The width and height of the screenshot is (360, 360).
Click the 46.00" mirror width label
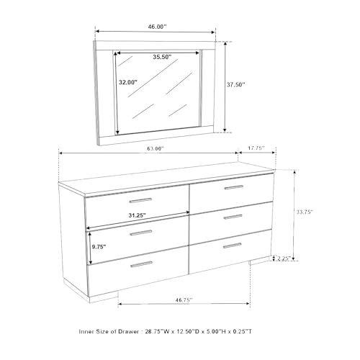pyautogui.click(x=157, y=27)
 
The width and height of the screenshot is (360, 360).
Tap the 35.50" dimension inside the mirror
pyautogui.click(x=162, y=57)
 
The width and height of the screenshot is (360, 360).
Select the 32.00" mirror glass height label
pyautogui.click(x=128, y=82)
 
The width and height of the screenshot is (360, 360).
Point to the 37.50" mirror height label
pyautogui.click(x=236, y=84)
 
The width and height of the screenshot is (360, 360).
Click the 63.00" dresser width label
pyautogui.click(x=156, y=148)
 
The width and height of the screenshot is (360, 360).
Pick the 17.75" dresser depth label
pyautogui.click(x=256, y=148)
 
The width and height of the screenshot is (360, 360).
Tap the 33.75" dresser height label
pyautogui.click(x=305, y=212)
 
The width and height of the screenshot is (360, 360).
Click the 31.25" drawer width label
pyautogui.click(x=137, y=215)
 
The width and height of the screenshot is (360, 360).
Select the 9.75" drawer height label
pyautogui.click(x=99, y=247)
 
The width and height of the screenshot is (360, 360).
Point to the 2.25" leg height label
pyautogui.click(x=284, y=258)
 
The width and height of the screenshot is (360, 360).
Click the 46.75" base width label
pyautogui.click(x=184, y=300)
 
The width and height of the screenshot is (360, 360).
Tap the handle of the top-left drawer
pyautogui.click(x=140, y=200)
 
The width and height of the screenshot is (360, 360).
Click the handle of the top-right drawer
pyautogui.click(x=234, y=187)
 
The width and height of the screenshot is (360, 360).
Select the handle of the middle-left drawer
pyautogui.click(x=141, y=233)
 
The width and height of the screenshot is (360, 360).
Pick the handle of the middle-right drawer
pyautogui.click(x=233, y=217)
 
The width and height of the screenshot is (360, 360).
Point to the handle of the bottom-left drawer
pyautogui.click(x=142, y=264)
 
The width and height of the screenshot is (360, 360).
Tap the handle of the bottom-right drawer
pyautogui.click(x=233, y=246)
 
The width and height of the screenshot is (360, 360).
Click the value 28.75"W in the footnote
pyautogui.click(x=157, y=331)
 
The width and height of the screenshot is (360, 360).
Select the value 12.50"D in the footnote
pyautogui.click(x=187, y=331)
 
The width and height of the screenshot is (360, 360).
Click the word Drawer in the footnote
pyautogui.click(x=130, y=331)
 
